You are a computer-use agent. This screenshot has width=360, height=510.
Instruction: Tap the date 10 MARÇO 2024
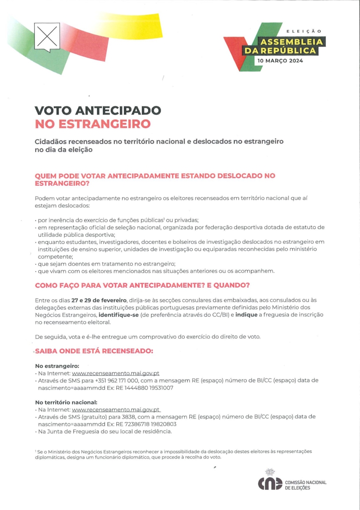tap(280, 61)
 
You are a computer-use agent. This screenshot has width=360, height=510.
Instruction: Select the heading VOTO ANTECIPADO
tap(98, 111)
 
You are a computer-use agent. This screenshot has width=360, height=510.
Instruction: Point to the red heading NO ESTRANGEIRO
tap(93, 124)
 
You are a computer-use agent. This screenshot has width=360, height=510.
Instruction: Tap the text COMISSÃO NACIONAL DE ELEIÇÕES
tap(306, 485)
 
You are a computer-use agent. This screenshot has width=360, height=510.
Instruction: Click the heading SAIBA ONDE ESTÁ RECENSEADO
tap(94, 351)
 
